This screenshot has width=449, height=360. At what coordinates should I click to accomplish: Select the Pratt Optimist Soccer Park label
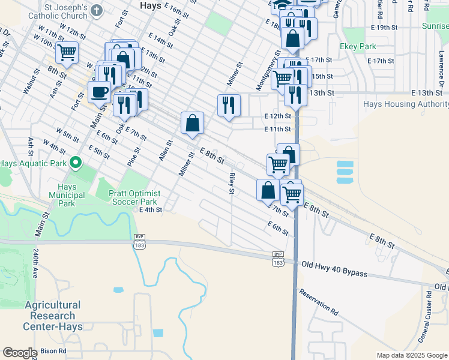[x=134, y=197]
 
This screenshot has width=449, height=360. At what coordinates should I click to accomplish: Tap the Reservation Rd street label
[x=319, y=303]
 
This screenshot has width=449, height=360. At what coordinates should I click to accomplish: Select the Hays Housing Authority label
[x=406, y=104]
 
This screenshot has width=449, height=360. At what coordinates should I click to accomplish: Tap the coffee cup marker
[x=99, y=92]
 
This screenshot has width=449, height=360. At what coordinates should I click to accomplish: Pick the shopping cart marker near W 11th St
[x=67, y=52]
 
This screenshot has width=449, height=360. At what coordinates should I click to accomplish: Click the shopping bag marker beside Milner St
[x=192, y=122]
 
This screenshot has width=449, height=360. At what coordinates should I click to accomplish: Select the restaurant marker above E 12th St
[x=228, y=105]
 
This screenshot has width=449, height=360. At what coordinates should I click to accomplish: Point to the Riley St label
[x=231, y=184]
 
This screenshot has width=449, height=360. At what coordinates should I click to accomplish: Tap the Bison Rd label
[x=53, y=350]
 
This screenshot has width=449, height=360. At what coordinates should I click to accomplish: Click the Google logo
[x=20, y=352]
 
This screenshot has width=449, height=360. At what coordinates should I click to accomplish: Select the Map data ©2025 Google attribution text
[x=411, y=355]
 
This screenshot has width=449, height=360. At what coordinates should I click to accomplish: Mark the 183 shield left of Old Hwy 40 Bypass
[x=278, y=263]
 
